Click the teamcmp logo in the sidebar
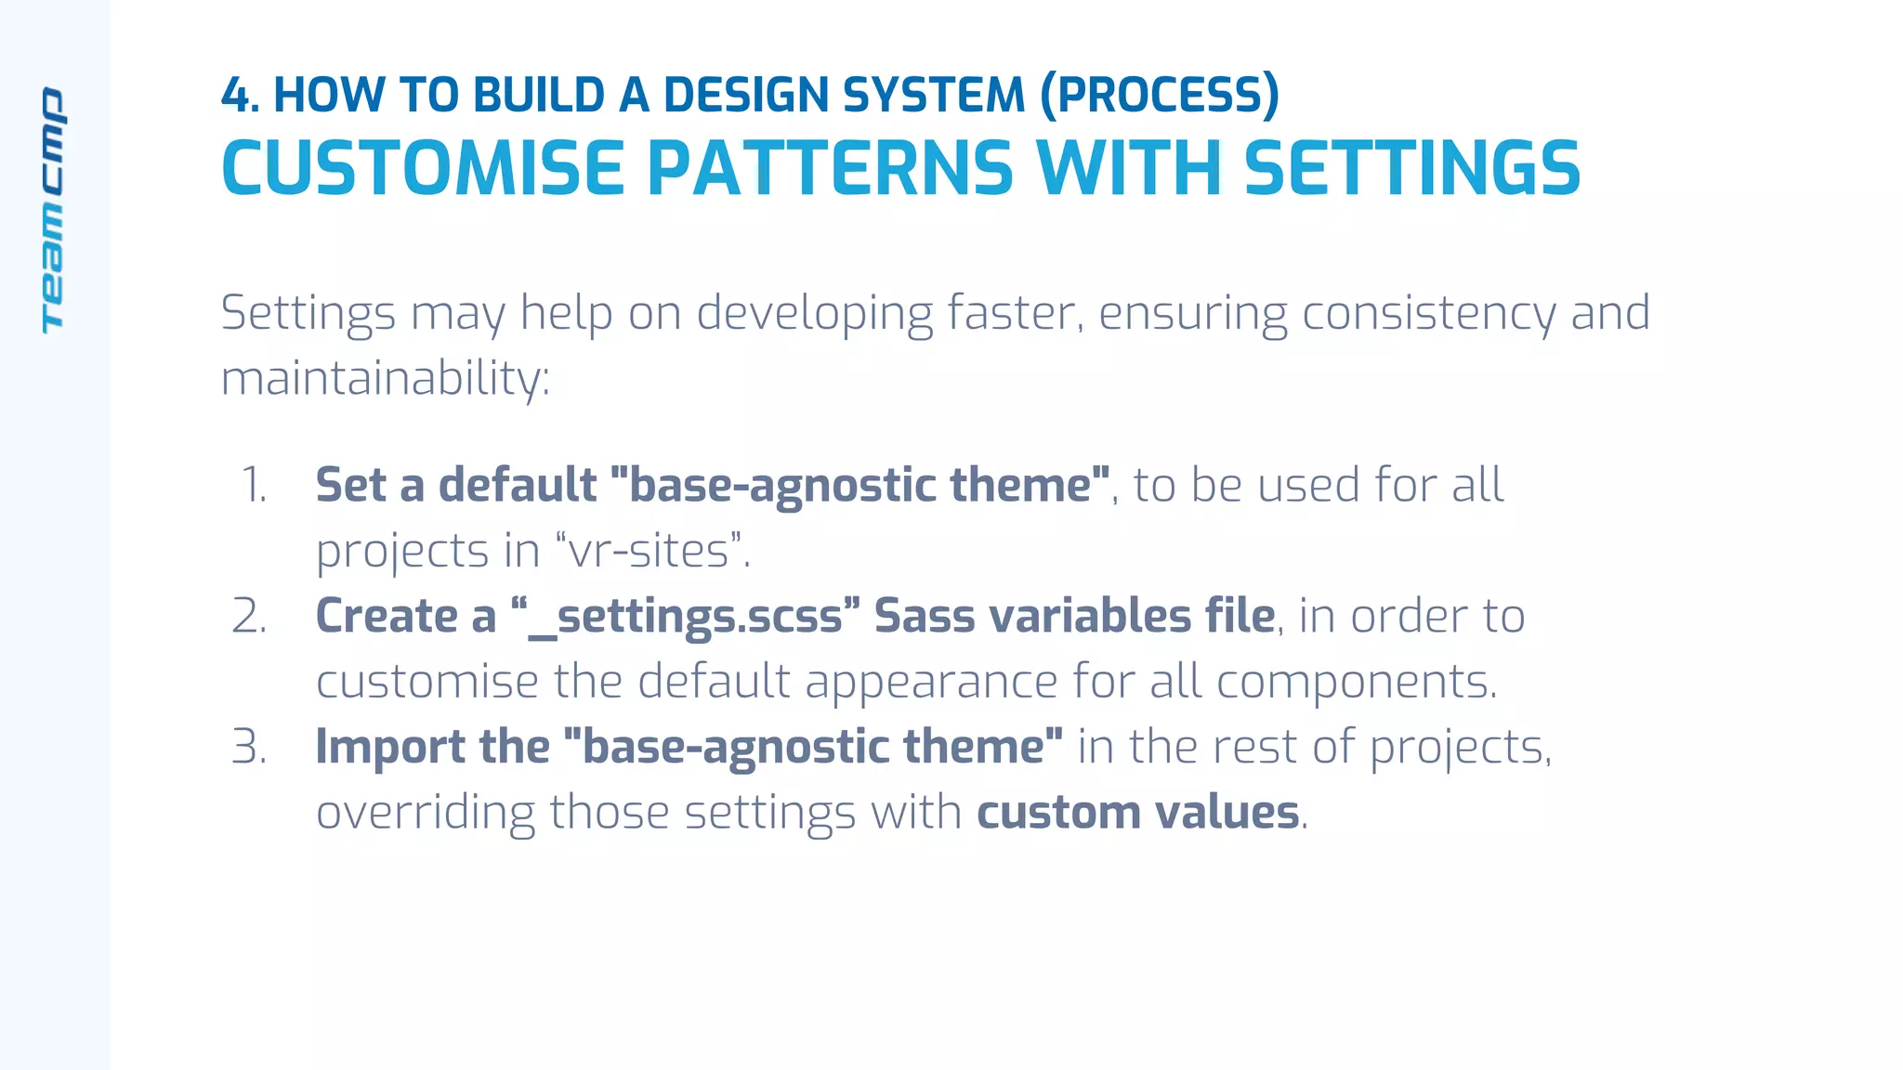[x=53, y=210]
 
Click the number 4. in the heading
[x=240, y=96]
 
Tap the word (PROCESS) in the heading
[x=1159, y=96]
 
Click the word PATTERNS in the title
[x=830, y=169]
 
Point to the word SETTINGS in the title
[x=1411, y=169]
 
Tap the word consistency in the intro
[x=1428, y=313]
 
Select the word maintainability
[x=385, y=379]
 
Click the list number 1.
[x=253, y=486]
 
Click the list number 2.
[x=249, y=617]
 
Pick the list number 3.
[x=249, y=748]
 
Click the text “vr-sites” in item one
[x=650, y=551]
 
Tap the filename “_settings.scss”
[x=686, y=617]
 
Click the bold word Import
[x=389, y=748]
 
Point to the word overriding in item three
[x=425, y=813]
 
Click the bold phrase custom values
[x=1137, y=813]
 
